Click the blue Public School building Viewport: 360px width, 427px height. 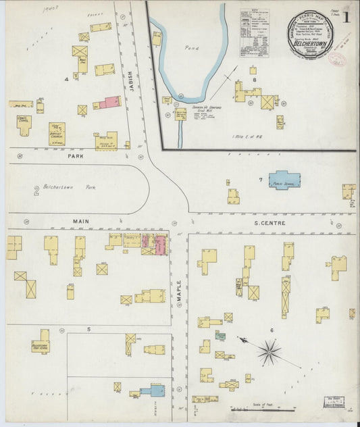coord(285,180)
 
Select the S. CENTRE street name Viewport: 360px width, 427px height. coord(269,222)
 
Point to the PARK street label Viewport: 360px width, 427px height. coord(74,155)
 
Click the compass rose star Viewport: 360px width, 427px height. coord(269,349)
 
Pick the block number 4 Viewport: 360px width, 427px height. coord(66,79)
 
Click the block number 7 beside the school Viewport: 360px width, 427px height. coord(260,180)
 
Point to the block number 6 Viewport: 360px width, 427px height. coord(272,330)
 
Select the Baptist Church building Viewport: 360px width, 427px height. coord(57,132)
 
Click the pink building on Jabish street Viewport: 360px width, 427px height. coord(111,102)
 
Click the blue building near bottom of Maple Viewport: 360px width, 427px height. coord(153,391)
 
